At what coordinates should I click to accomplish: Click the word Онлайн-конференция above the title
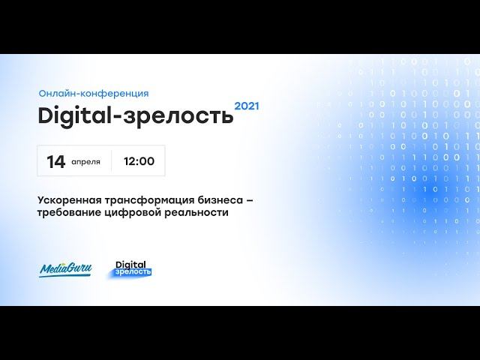(94, 94)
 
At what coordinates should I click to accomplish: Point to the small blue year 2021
(247, 106)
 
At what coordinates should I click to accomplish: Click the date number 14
(55, 161)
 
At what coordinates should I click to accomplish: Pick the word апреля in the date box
(85, 162)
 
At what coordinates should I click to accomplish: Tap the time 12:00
(138, 161)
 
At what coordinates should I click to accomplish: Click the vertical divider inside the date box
(112, 160)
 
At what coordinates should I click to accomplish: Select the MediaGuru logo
(65, 268)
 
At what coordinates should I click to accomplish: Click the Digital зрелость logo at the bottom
(133, 267)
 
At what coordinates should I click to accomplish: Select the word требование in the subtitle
(69, 213)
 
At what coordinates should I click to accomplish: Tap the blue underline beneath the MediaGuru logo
(65, 276)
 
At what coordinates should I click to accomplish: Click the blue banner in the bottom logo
(133, 271)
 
